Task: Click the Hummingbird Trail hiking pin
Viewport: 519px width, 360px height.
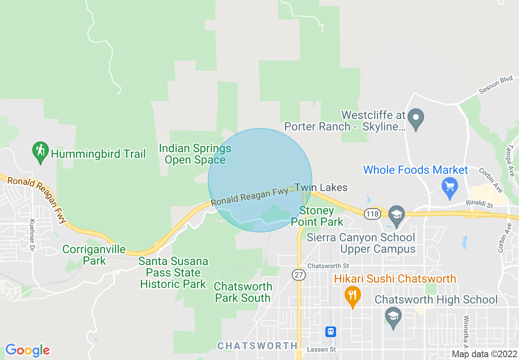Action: pos(41,151)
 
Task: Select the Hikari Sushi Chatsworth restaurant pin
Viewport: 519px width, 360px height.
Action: pos(352,296)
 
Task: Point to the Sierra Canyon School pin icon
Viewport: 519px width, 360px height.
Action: pos(396,215)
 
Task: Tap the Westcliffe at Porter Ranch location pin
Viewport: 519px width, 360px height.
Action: pos(416,119)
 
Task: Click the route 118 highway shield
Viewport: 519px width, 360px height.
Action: pos(373,214)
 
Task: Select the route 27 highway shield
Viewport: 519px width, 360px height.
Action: pos(299,275)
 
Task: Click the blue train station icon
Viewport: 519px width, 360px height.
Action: pos(331,331)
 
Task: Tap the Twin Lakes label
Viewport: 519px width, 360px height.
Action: pos(321,188)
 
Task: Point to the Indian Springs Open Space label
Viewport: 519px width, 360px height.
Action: pos(195,154)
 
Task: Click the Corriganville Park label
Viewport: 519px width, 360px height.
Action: pos(94,255)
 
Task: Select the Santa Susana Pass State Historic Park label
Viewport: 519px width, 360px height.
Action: pos(173,272)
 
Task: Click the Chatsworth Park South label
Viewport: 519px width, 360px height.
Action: pos(243,292)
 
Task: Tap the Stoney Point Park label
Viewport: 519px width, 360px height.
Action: pos(317,216)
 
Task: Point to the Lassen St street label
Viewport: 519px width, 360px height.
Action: pos(321,349)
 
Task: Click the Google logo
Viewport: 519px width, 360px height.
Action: pos(27,350)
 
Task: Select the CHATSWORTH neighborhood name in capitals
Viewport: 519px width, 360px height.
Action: pos(257,346)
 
